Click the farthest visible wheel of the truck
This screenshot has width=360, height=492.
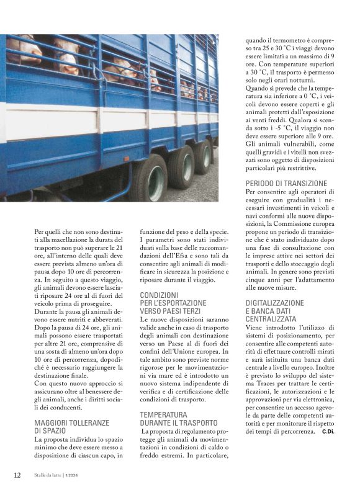click(x=204, y=158)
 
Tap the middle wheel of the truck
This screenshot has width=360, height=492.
click(x=181, y=167)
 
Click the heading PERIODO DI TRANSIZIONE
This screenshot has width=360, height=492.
click(x=286, y=184)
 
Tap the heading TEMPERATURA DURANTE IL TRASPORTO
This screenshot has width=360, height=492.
click(x=178, y=418)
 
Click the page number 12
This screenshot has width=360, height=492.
click(x=17, y=475)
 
